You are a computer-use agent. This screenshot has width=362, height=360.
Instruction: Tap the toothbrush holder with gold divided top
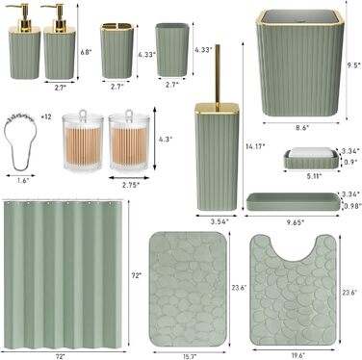click(116, 50)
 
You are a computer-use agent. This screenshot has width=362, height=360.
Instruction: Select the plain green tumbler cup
click(172, 49)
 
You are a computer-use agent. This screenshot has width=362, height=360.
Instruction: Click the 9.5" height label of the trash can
click(354, 65)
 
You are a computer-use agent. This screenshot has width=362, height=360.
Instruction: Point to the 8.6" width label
click(301, 127)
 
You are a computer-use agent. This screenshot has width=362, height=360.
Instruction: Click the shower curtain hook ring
click(21, 142)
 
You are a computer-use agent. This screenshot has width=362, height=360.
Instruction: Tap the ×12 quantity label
click(46, 116)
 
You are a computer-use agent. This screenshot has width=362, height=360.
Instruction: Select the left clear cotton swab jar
click(83, 141)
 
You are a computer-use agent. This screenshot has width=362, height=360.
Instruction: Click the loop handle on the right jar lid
click(129, 114)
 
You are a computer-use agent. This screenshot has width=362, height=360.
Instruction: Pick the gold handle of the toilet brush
click(218, 75)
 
